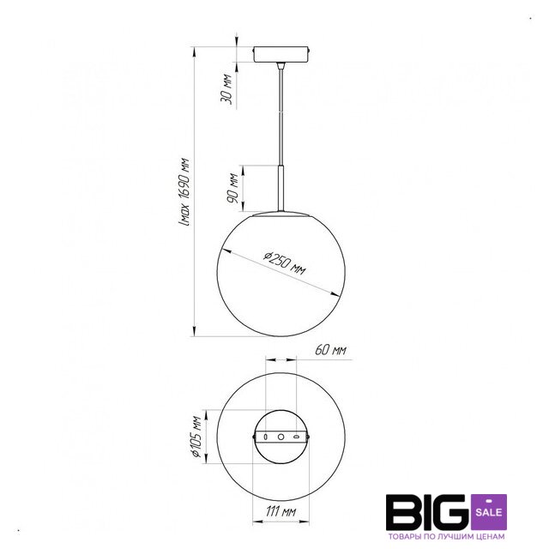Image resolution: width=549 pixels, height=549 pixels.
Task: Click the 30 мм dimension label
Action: pos(226,88)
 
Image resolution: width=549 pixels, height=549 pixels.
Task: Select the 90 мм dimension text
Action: pos(232,188)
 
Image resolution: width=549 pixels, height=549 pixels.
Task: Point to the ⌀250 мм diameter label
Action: pos(285,262)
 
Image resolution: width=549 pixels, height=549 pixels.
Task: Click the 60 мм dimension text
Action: pos(331,350)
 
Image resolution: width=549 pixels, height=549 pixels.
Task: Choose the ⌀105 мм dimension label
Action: pos(196,437)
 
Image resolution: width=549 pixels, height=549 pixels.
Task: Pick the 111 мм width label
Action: pos(281,511)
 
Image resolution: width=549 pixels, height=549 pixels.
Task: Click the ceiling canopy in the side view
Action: pos(281,54)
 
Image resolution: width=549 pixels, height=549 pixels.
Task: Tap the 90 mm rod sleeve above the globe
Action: pos(281,188)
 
